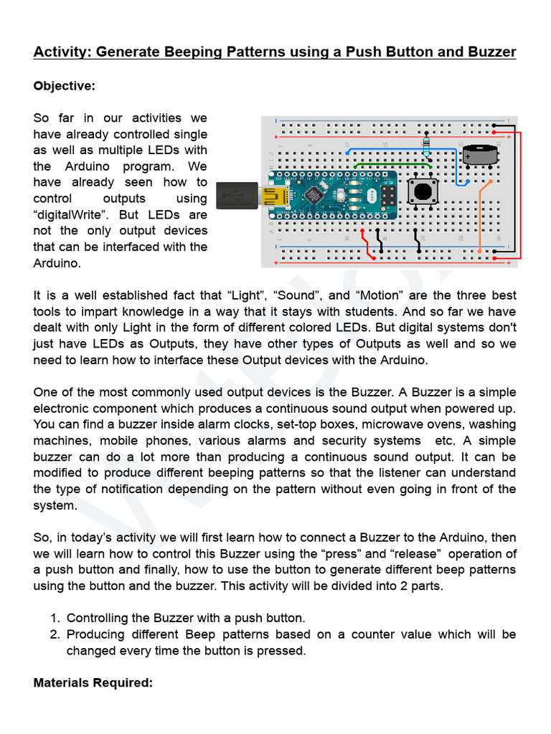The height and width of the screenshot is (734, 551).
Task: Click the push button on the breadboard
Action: pyautogui.click(x=423, y=191)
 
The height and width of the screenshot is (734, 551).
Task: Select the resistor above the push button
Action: pyautogui.click(x=428, y=146)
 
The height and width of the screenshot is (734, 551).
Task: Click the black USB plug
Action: pyautogui.click(x=237, y=194)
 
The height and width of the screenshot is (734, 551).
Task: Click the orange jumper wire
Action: pyautogui.click(x=481, y=215)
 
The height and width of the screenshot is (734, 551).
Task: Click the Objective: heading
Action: pyautogui.click(x=64, y=86)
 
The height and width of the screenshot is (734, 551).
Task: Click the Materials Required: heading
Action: pyautogui.click(x=93, y=683)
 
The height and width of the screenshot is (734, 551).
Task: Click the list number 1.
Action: pyautogui.click(x=55, y=618)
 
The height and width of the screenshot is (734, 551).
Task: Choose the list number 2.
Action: pyautogui.click(x=55, y=634)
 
